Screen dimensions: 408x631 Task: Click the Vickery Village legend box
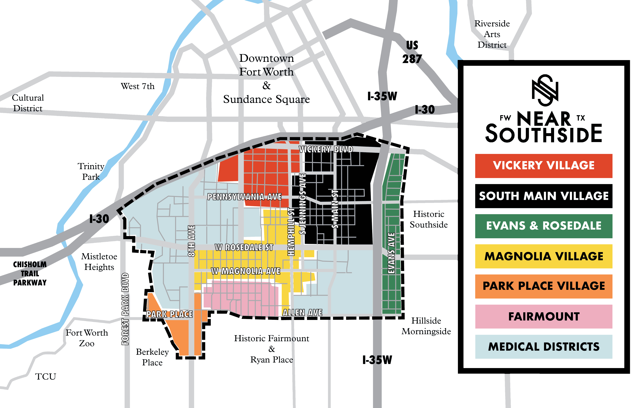coord(544,166)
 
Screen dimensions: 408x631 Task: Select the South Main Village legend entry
coord(544,196)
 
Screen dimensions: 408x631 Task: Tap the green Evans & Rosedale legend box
coord(544,226)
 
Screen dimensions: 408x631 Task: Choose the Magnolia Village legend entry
coord(544,256)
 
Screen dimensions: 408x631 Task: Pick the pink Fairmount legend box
coord(544,317)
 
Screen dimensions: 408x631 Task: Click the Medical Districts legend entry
coord(544,347)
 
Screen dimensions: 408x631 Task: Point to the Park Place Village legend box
coord(544,286)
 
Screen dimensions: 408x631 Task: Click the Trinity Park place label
coord(91,171)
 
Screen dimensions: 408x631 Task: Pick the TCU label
coord(46,376)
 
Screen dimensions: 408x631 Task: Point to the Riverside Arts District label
coord(492,34)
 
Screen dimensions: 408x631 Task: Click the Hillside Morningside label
coord(426,326)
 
